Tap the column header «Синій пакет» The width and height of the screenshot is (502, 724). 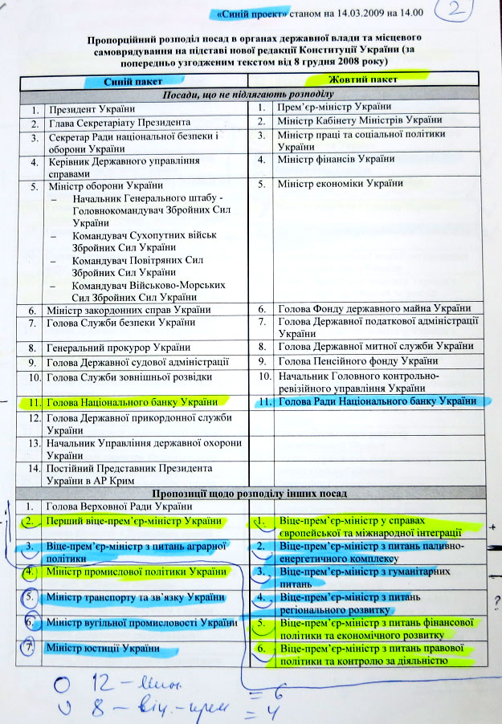pyautogui.click(x=133, y=81)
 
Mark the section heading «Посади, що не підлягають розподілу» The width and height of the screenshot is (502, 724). pyautogui.click(x=248, y=94)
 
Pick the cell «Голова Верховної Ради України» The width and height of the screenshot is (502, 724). pyautogui.click(x=120, y=506)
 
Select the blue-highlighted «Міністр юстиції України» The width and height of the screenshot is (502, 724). pyautogui.click(x=101, y=648)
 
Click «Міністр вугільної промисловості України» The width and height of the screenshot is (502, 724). pyautogui.click(x=141, y=622)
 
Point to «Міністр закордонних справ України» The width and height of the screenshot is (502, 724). pyautogui.click(x=129, y=310)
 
